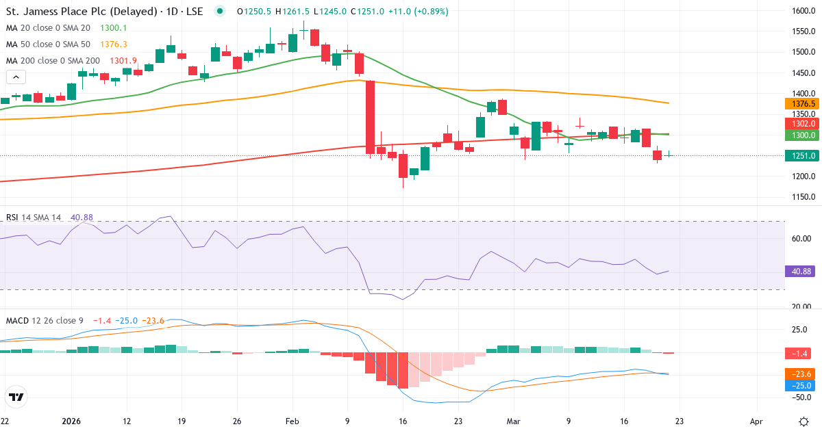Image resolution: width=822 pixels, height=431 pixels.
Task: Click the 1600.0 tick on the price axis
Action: [802, 11]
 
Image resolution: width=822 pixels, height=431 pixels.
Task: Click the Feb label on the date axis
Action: [292, 421]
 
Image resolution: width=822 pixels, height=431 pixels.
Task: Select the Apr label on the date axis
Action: [756, 421]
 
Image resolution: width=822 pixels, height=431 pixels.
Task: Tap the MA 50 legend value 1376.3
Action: [114, 44]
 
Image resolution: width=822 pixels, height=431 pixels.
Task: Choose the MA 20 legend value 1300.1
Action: [114, 27]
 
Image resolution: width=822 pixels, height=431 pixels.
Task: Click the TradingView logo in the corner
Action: [16, 397]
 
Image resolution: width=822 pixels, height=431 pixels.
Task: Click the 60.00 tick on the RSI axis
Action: [802, 238]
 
